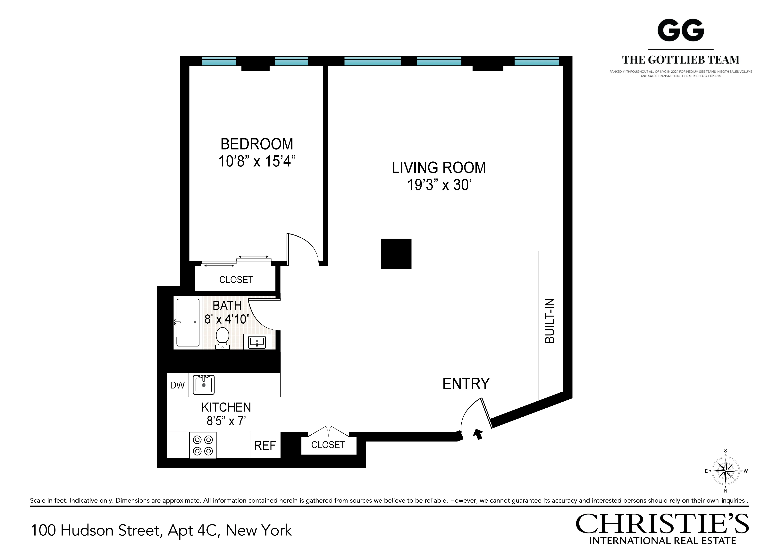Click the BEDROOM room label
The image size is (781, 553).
pyautogui.click(x=257, y=144)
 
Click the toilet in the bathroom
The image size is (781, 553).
pyautogui.click(x=223, y=338)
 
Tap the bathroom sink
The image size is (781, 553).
pyautogui.click(x=257, y=342)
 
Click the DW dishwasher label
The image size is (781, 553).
pyautogui.click(x=177, y=385)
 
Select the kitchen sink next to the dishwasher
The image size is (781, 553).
pyautogui.click(x=204, y=385)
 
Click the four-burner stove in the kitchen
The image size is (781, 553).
pyautogui.click(x=203, y=445)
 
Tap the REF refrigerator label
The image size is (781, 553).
pyautogui.click(x=265, y=445)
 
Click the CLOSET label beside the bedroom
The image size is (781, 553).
pyautogui.click(x=236, y=280)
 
